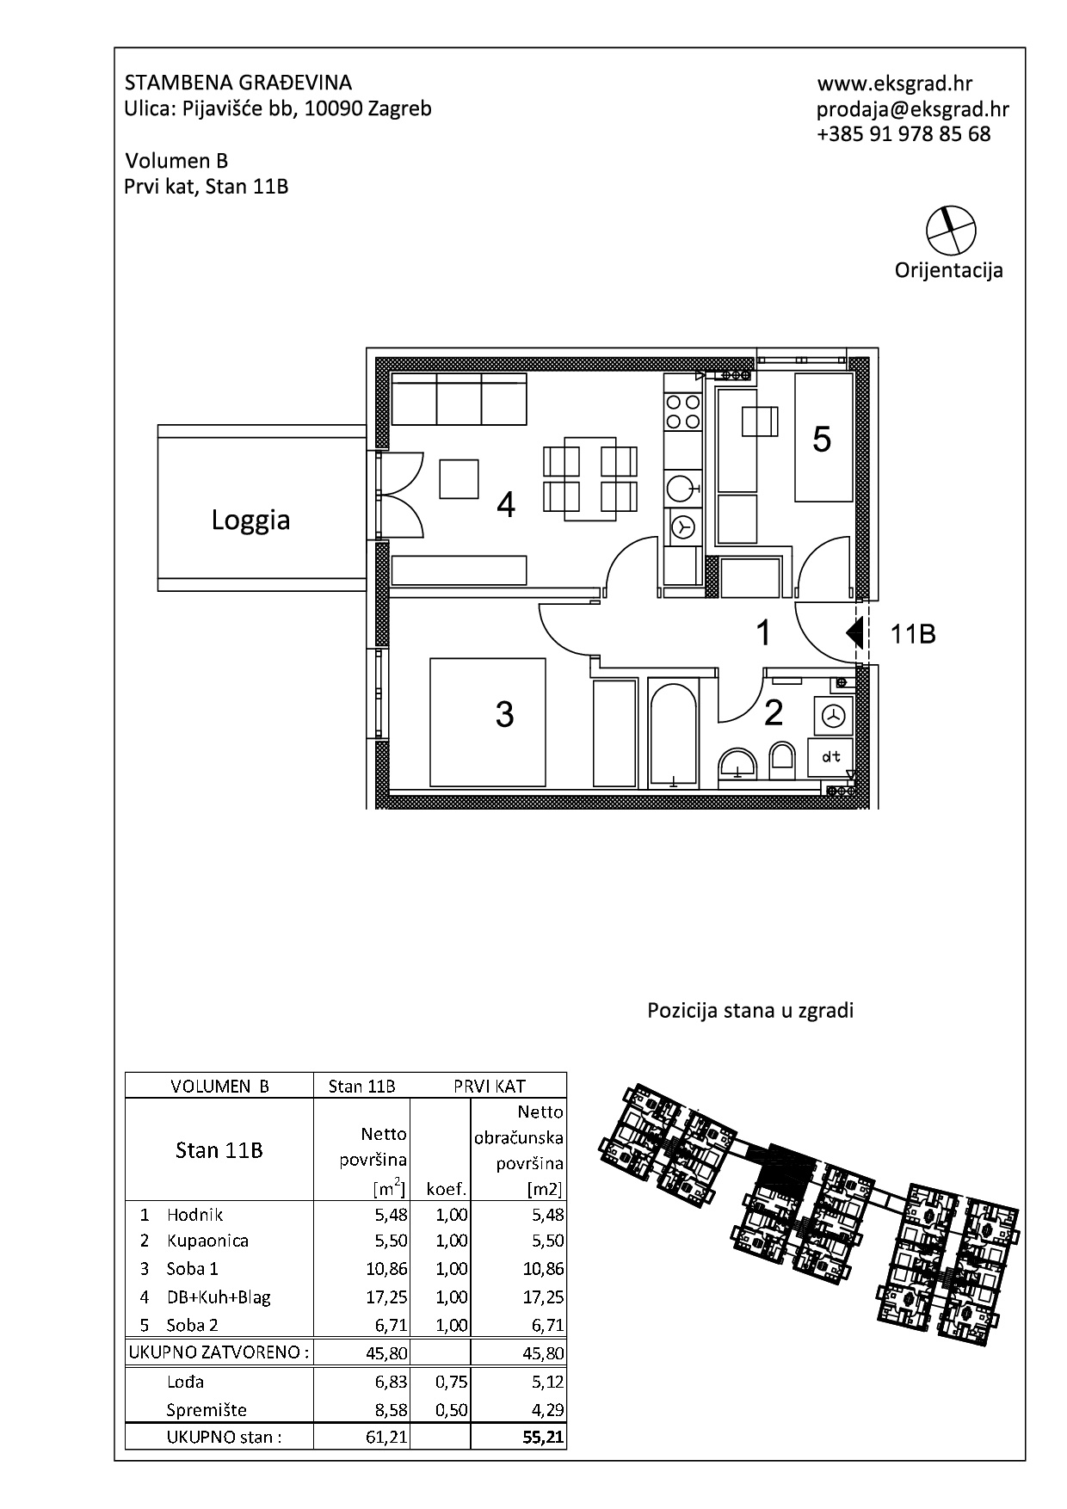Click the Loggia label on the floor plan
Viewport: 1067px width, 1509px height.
pos(250,520)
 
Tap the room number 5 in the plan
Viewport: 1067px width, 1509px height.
pos(822,440)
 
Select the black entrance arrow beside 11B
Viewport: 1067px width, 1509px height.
pos(854,633)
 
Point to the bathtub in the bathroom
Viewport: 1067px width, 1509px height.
pos(673,733)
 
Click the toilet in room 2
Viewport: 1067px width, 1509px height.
pos(781,757)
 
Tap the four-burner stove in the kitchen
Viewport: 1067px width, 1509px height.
pos(683,411)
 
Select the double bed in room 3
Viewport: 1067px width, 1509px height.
pos(488,723)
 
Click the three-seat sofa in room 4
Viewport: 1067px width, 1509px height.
pos(459,398)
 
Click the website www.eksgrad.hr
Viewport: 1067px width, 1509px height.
pos(895,83)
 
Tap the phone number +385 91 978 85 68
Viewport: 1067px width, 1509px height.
pos(904,134)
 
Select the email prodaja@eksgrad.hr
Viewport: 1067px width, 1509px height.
pos(913,109)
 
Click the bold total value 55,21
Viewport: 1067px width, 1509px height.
pos(543,1438)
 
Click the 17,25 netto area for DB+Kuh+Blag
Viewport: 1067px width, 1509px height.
pos(386,1297)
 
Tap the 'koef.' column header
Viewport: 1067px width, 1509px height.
pos(447,1190)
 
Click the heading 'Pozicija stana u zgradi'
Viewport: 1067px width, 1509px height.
pos(750,1011)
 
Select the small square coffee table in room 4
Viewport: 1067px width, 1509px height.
pos(459,479)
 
